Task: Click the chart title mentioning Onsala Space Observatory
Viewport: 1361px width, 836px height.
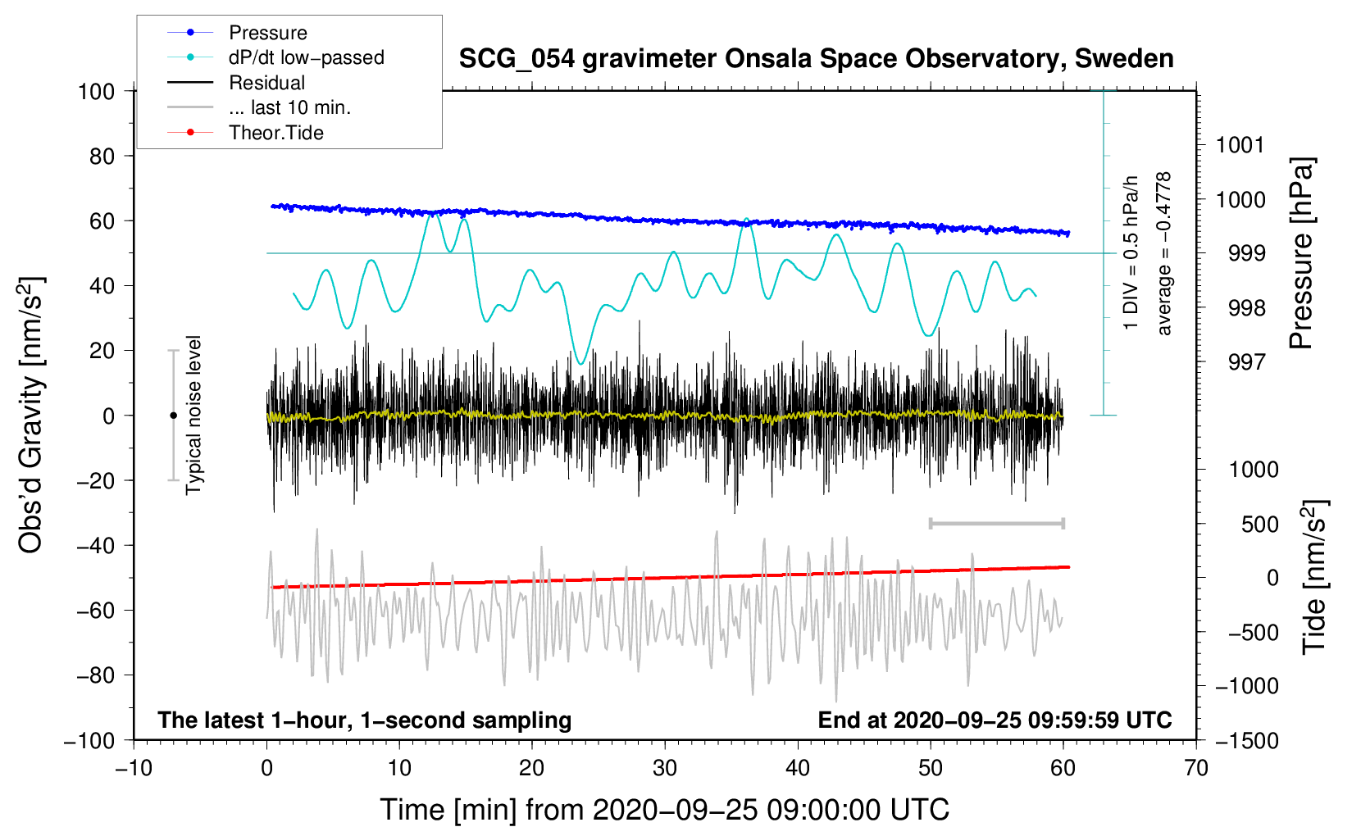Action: point(816,59)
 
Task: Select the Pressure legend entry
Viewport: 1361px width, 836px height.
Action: point(268,33)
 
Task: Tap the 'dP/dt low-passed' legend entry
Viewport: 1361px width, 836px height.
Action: point(306,57)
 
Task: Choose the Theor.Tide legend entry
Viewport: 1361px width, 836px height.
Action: point(276,133)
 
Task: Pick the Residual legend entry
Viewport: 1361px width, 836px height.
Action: point(266,83)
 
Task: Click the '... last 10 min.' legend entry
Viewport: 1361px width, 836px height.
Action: point(289,107)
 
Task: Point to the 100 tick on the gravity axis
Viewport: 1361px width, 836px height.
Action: point(96,91)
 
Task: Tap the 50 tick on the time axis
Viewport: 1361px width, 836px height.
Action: point(931,769)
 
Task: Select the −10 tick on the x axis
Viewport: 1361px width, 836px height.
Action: point(134,769)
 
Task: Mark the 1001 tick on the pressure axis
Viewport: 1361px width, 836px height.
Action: point(1240,146)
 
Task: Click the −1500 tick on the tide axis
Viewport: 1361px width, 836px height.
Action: point(1246,741)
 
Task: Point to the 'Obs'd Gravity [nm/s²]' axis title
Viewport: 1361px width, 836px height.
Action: point(31,415)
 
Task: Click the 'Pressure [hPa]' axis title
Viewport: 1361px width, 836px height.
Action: point(1301,253)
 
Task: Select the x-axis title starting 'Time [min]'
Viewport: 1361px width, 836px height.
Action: point(664,810)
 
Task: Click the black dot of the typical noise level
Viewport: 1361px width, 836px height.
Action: point(173,416)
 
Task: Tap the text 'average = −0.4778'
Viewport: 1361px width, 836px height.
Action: point(1164,253)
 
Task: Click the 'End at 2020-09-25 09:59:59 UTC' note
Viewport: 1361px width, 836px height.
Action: point(995,720)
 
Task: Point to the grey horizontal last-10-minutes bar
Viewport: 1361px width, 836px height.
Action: point(996,523)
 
